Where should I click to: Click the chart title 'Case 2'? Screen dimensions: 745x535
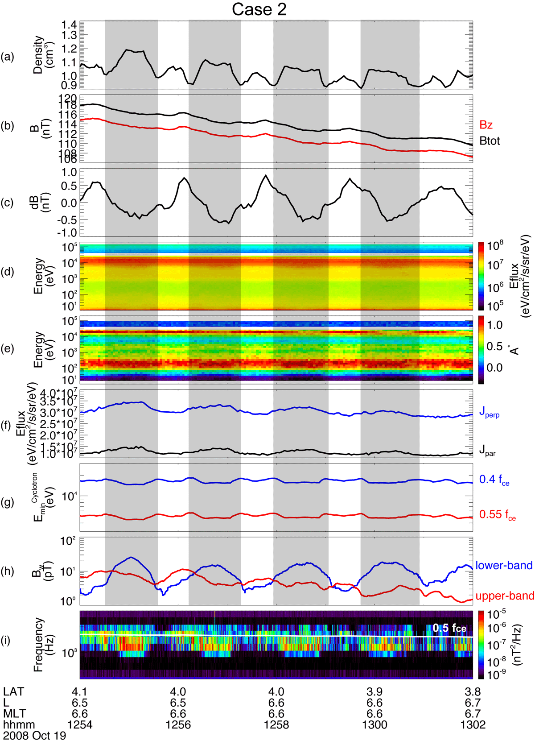click(x=259, y=9)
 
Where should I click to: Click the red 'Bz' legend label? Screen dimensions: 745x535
click(x=486, y=125)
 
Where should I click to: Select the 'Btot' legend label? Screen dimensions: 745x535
click(x=490, y=141)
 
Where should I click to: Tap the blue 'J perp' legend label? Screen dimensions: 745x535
click(x=489, y=413)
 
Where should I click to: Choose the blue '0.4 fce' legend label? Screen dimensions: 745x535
click(x=494, y=480)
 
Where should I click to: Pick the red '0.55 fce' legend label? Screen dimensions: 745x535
click(x=497, y=515)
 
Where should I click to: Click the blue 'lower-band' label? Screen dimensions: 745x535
click(x=504, y=566)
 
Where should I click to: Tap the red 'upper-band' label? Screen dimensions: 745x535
click(x=505, y=596)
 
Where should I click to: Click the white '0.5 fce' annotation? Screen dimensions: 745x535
click(x=449, y=628)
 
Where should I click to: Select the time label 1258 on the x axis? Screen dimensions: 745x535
click(x=276, y=725)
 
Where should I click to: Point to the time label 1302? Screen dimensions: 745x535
click(x=473, y=725)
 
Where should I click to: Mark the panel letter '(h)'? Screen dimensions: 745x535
click(x=8, y=571)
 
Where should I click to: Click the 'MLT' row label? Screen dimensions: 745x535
click(x=15, y=714)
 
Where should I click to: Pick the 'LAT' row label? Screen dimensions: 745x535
click(x=14, y=692)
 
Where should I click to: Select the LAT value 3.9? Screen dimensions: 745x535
click(x=374, y=692)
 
